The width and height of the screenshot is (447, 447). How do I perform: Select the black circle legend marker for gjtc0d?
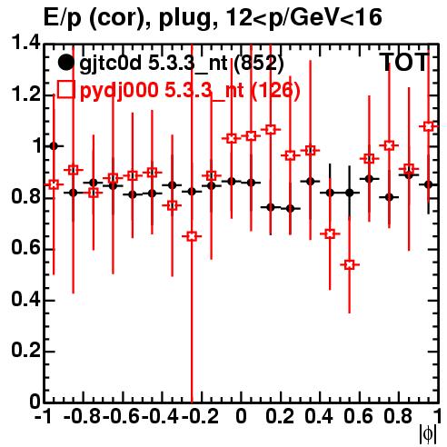[65, 63]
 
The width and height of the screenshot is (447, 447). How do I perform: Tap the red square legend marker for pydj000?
[65, 89]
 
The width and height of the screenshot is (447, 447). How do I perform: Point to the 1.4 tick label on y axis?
[25, 43]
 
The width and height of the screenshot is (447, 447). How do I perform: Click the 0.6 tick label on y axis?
[25, 247]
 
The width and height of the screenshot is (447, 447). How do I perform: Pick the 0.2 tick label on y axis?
[25, 350]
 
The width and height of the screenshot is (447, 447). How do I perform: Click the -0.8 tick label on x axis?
[83, 416]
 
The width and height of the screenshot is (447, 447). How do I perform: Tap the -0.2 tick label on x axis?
[200, 416]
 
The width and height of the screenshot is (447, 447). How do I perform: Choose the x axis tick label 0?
[241, 416]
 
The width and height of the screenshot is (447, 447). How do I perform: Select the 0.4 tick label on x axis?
[319, 416]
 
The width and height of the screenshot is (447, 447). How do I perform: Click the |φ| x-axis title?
[428, 434]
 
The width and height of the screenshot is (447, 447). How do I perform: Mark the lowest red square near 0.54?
[350, 265]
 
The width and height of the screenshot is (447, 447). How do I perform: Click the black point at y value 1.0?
[54, 146]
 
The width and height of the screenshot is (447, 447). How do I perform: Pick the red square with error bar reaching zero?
[192, 236]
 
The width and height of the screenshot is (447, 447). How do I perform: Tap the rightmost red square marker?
[428, 126]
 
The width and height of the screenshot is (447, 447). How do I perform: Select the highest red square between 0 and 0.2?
[271, 130]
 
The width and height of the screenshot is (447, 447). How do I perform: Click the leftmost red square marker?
[54, 184]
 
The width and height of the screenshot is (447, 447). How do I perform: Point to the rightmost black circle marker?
[428, 184]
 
